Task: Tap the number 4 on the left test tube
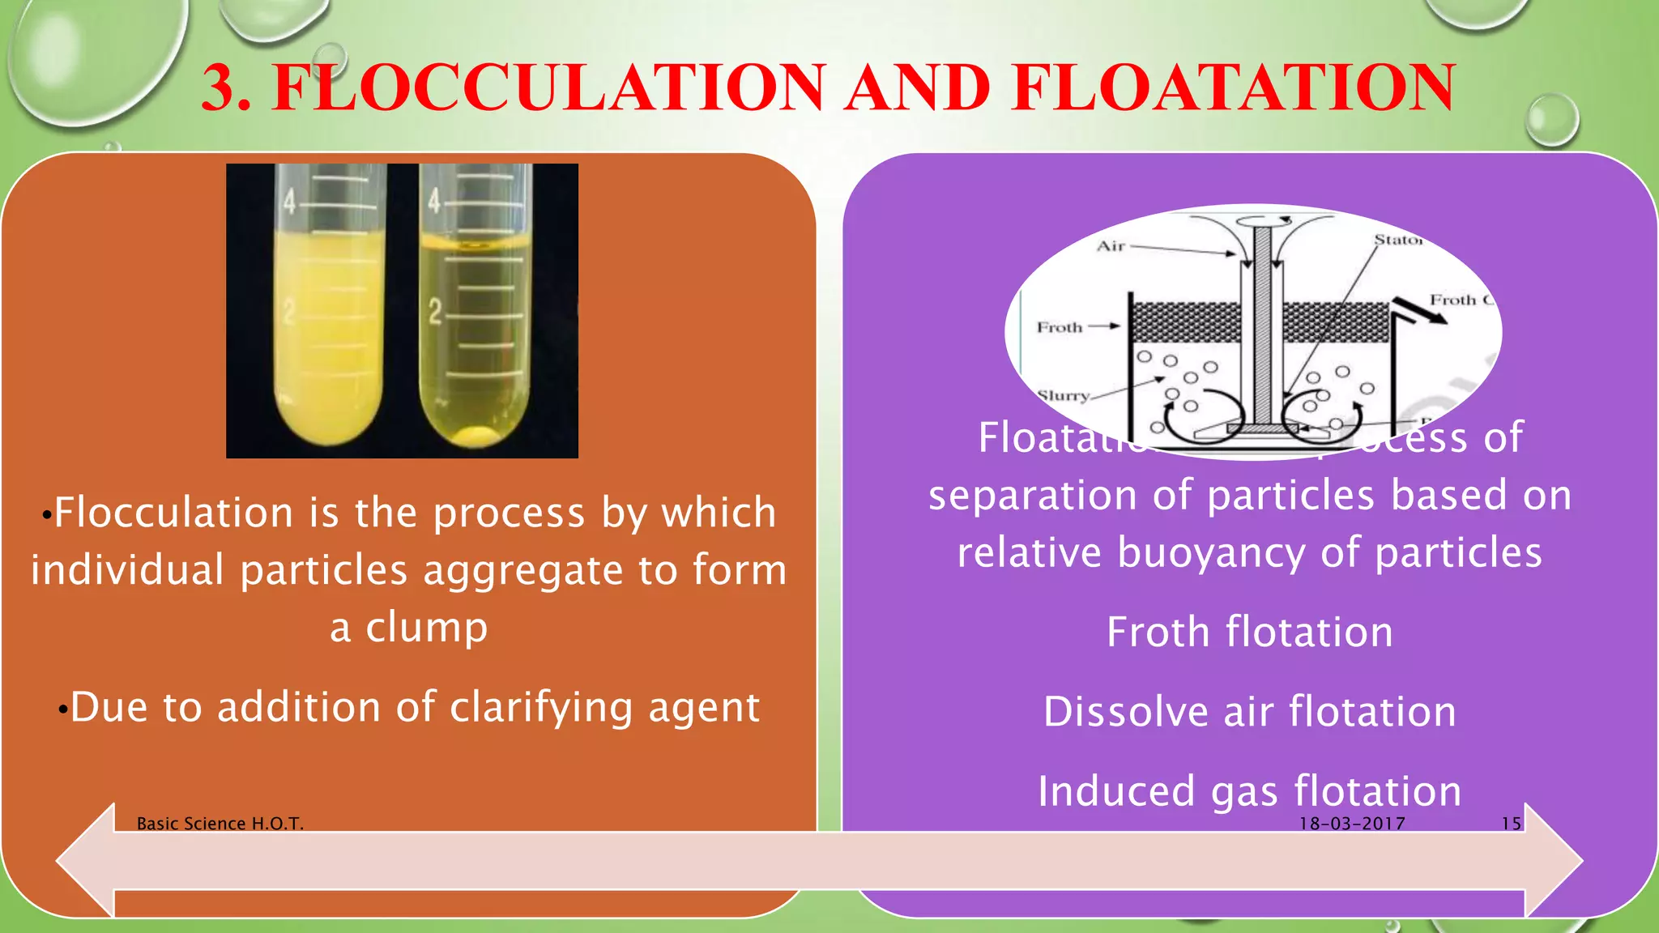(x=289, y=202)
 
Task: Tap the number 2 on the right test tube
(x=435, y=312)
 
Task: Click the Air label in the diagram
(x=1111, y=246)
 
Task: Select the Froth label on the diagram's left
(x=1060, y=327)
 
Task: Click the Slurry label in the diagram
(x=1064, y=395)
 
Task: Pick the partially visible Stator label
(x=1397, y=240)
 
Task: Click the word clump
(x=426, y=628)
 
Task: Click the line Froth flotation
(x=1249, y=633)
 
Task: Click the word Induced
(x=1116, y=791)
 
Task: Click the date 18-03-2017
(x=1352, y=824)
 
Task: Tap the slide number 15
(x=1511, y=824)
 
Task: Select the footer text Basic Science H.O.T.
(x=220, y=824)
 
